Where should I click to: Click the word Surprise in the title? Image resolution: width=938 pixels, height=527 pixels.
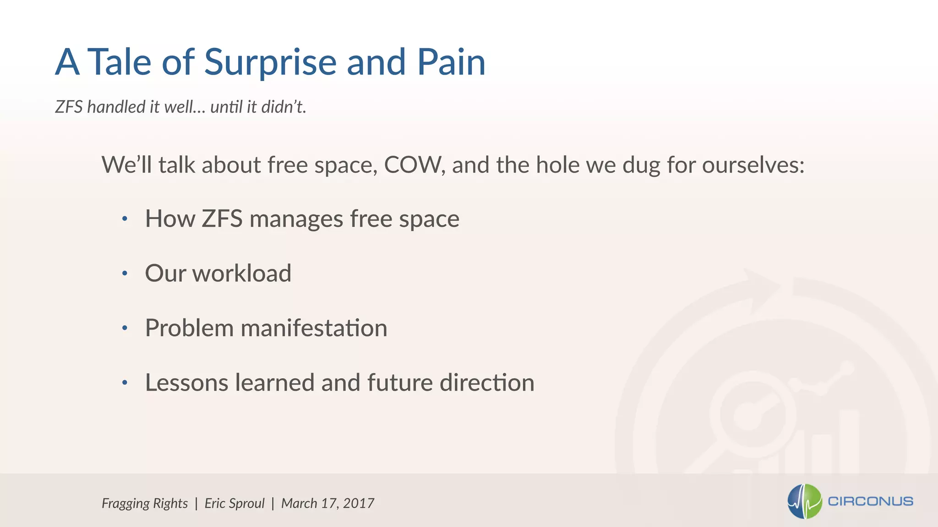pos(270,63)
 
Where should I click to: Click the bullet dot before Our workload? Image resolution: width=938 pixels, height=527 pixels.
pos(125,274)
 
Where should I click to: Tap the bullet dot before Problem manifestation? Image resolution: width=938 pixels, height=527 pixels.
pos(125,328)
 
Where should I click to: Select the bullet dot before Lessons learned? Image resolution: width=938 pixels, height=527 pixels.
pos(125,383)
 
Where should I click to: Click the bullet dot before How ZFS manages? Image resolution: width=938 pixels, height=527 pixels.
pos(125,219)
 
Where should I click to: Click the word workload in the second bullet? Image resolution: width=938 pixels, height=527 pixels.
pos(241,274)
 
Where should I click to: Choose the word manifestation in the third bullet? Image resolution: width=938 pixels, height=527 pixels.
pos(314,328)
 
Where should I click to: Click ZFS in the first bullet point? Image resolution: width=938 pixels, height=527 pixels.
pos(222,219)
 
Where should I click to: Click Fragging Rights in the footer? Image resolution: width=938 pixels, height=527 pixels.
pos(145,503)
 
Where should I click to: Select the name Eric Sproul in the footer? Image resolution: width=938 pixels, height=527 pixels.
pos(234,503)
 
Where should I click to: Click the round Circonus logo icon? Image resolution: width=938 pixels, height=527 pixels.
pos(804,501)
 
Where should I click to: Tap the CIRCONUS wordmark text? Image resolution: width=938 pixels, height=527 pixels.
pos(870,501)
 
